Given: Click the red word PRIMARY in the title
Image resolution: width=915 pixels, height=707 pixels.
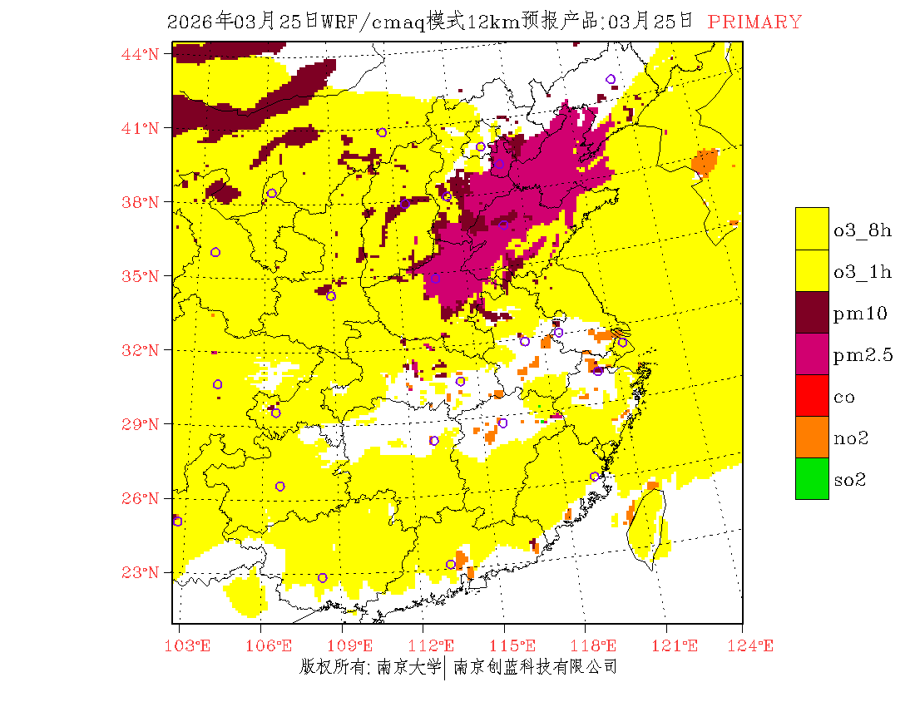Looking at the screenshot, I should pos(754,22).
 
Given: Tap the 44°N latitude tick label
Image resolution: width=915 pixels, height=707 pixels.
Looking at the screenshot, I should pos(141,54).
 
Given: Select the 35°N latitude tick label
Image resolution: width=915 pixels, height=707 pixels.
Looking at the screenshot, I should pos(141,276).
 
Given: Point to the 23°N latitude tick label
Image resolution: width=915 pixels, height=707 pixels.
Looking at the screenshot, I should pos(141,572).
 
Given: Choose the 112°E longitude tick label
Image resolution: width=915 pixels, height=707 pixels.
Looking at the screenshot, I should pos(436,645).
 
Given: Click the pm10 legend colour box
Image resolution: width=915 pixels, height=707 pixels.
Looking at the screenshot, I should pos(812,312).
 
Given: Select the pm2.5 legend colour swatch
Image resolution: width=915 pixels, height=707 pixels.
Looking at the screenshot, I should pos(812,353).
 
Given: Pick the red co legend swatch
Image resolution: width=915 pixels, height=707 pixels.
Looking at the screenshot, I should pos(812,395).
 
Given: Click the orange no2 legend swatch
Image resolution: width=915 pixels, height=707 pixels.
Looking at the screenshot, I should pos(812,437).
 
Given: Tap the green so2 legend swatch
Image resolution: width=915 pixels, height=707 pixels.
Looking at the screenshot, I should pos(812,478).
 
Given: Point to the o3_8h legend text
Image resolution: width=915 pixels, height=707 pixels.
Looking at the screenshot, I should pos(863,230).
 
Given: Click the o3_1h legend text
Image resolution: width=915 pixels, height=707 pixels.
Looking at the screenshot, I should pos(863,272).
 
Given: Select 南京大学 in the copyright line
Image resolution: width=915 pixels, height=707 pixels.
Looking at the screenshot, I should pos(408,666).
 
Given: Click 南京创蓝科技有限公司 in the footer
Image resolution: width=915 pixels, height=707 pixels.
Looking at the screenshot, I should pos(535,666).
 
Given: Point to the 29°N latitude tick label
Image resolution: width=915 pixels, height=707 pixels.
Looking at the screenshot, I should pos(141,424).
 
